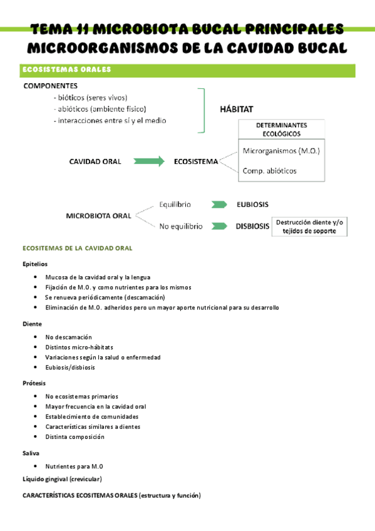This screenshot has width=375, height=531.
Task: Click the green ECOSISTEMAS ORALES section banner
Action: [x=188, y=70]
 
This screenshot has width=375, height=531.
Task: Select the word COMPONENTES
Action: [x=50, y=86]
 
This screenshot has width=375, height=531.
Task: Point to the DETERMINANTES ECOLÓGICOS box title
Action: [x=282, y=129]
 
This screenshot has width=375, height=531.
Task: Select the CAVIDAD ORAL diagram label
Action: [x=95, y=161]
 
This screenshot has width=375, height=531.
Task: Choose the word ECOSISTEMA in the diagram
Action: [x=195, y=161]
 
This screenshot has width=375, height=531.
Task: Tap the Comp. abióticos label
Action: [x=269, y=170]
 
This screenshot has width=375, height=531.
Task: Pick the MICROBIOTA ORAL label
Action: [x=98, y=215]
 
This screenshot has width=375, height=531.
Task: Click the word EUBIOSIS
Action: [x=253, y=204]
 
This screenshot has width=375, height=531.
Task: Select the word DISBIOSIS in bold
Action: [x=252, y=227]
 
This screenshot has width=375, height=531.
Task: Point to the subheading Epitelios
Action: [x=34, y=264]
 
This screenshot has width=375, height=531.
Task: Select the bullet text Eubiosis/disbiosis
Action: [x=70, y=368]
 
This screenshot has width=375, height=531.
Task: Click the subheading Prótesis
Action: [x=34, y=383]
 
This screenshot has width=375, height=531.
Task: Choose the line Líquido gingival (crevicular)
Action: [x=62, y=479]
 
